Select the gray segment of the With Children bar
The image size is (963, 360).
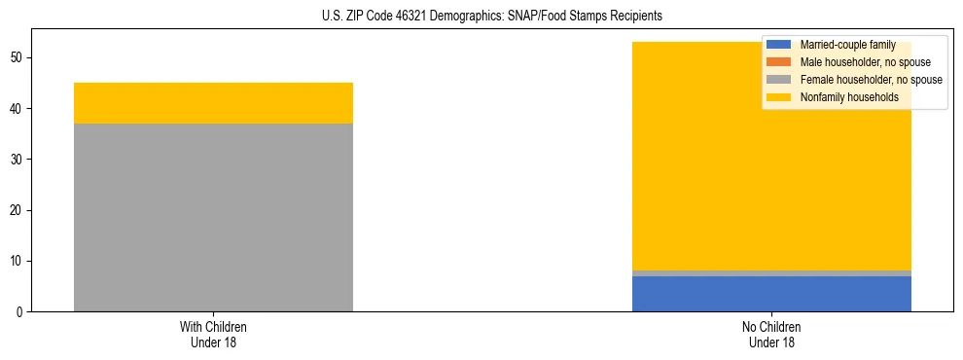click(x=213, y=217)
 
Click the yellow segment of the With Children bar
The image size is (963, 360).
click(x=213, y=103)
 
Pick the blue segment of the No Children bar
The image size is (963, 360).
click(x=771, y=294)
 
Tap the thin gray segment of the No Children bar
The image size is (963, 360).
click(x=771, y=273)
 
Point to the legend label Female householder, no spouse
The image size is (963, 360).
click(x=871, y=80)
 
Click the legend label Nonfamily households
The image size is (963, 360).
click(x=849, y=97)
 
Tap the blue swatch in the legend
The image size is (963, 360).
click(x=779, y=45)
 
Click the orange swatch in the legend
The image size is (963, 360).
click(x=779, y=62)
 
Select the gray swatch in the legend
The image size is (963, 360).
click(x=779, y=80)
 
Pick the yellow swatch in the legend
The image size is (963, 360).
click(x=779, y=97)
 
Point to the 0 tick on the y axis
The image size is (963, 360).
click(x=20, y=312)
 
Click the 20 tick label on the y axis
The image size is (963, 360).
click(x=18, y=210)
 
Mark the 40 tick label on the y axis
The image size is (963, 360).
click(x=18, y=109)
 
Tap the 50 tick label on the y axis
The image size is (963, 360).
click(x=18, y=58)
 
